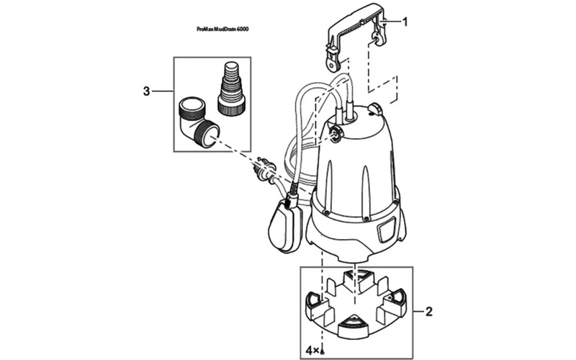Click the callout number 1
[x=405, y=22]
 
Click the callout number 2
[x=428, y=312]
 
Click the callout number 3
[x=146, y=91]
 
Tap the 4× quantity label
[x=313, y=351]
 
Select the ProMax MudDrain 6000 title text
[x=222, y=29]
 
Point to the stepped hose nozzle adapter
[x=230, y=87]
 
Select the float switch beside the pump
[x=286, y=223]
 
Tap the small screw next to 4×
[x=323, y=352]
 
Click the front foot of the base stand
[x=352, y=325]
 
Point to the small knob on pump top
[x=375, y=109]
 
